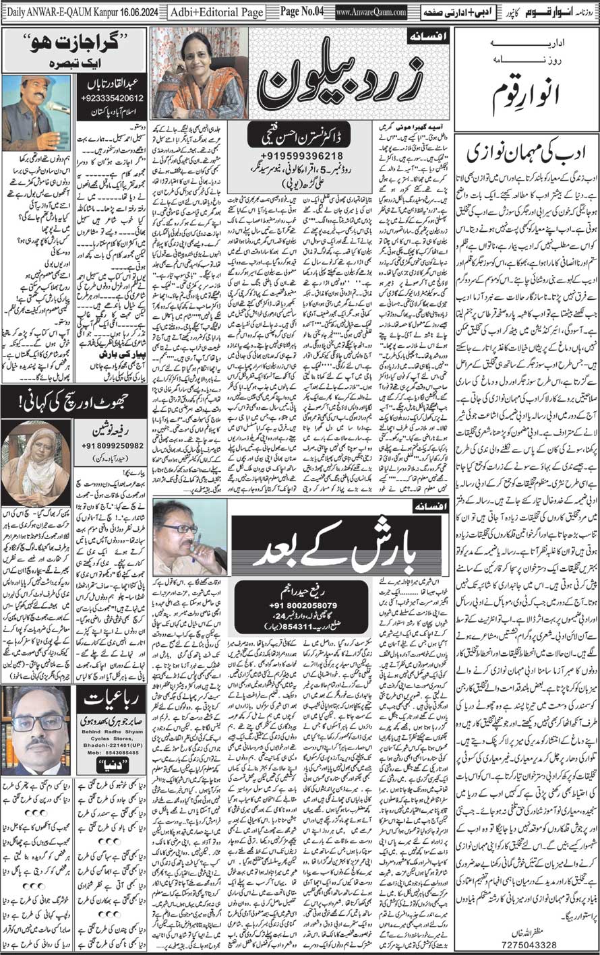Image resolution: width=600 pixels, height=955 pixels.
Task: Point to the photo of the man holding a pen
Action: (188, 536)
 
